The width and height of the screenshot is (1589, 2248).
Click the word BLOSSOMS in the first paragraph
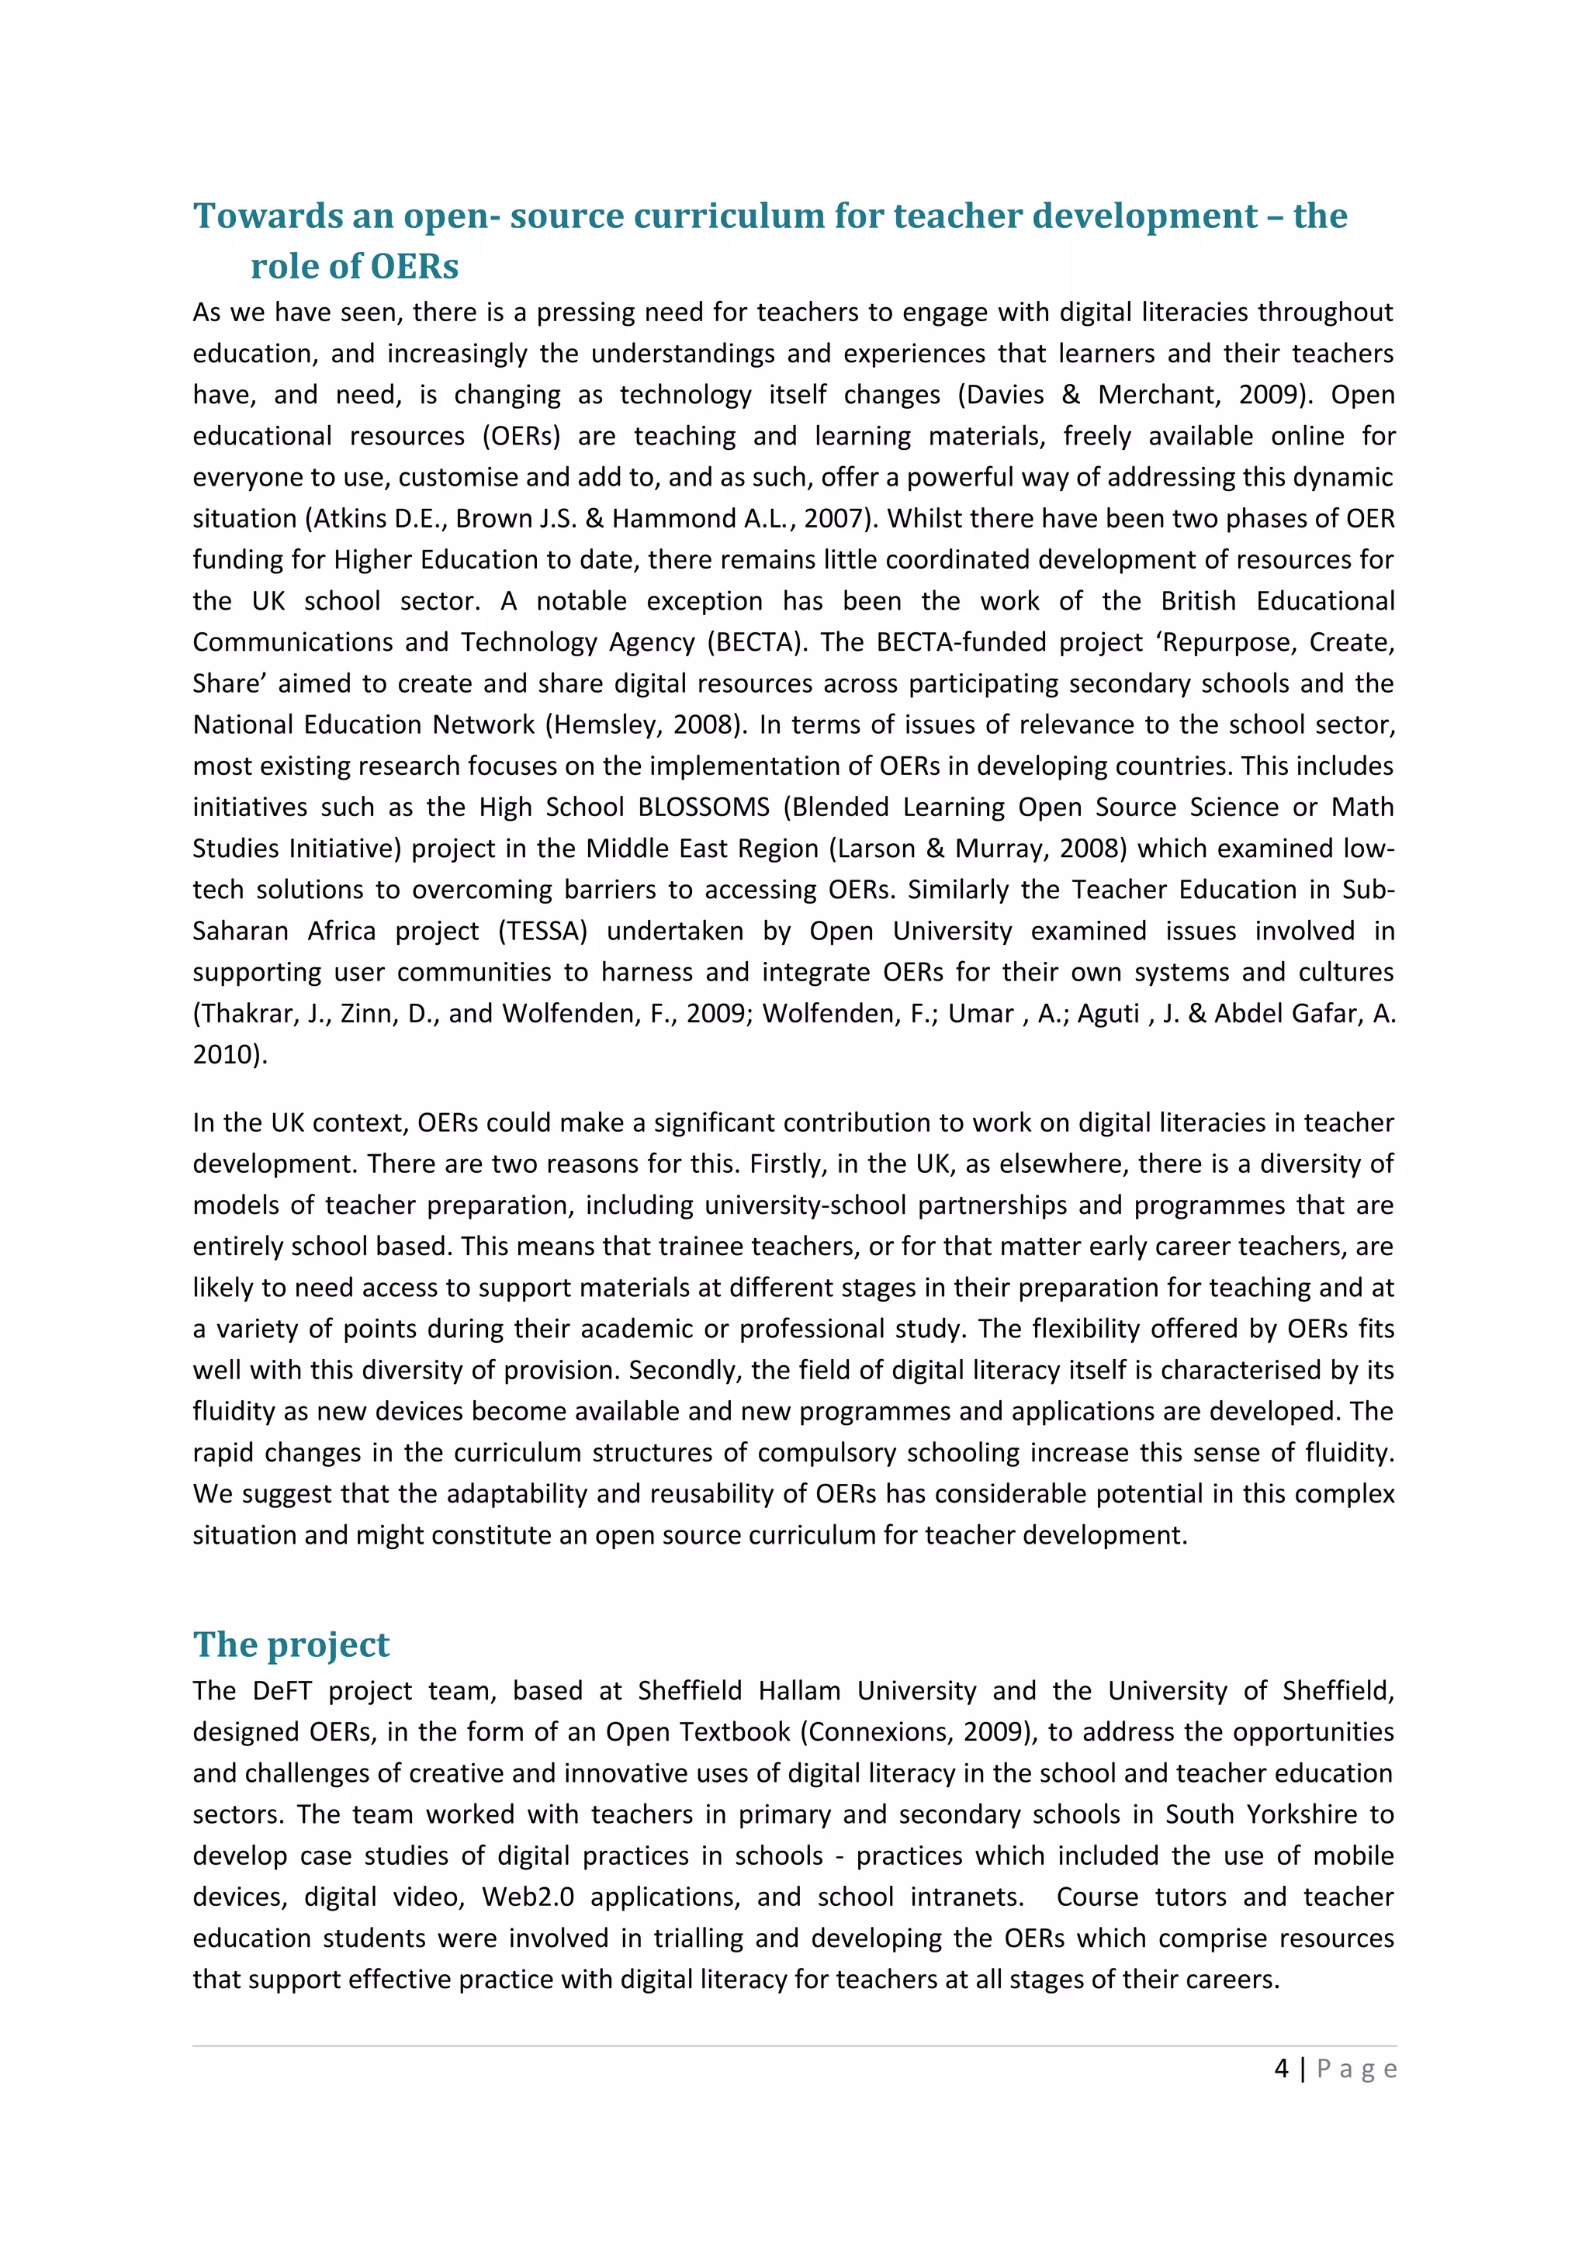point(704,808)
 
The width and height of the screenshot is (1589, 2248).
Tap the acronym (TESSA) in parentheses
point(542,931)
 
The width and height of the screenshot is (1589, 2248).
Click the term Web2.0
point(528,1897)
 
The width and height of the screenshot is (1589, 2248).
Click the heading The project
point(291,1644)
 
